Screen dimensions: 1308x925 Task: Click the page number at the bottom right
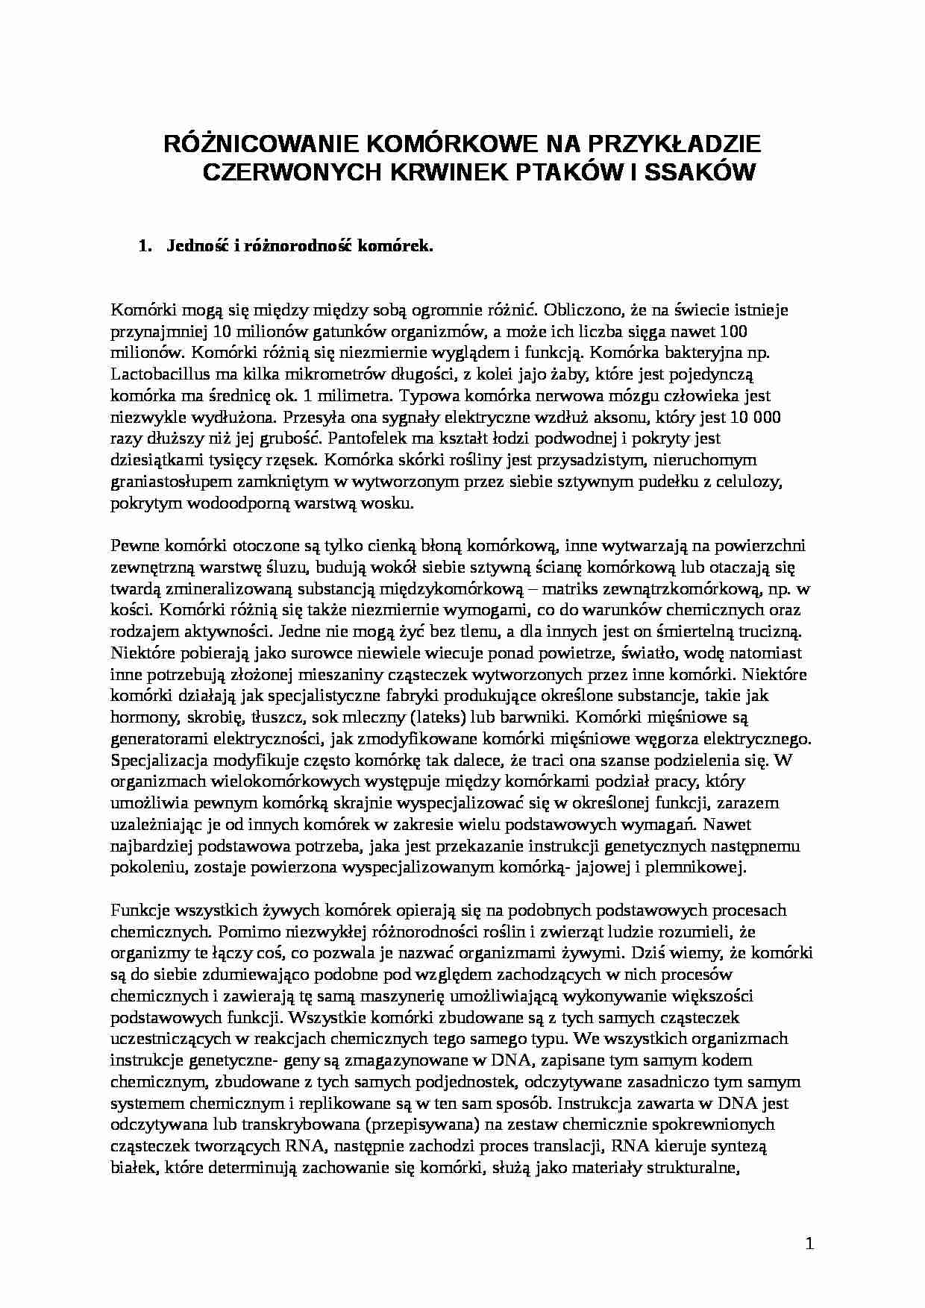[x=810, y=1243]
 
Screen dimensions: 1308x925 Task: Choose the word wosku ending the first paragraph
[x=389, y=503]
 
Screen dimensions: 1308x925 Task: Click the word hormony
[x=139, y=718]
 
